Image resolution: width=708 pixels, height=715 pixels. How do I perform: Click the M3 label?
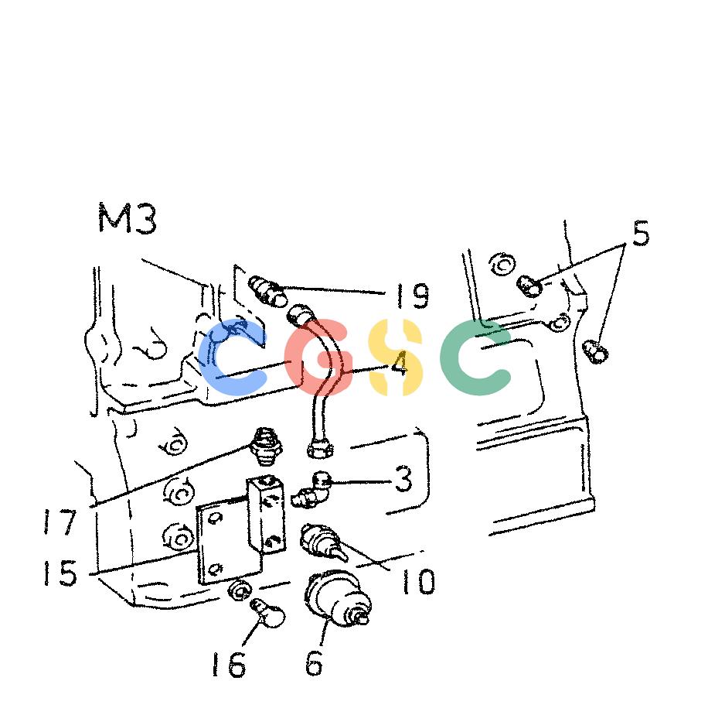coord(128,219)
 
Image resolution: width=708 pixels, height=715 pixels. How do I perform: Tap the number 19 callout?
coord(413,296)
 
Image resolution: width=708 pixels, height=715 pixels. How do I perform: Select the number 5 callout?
coord(641,233)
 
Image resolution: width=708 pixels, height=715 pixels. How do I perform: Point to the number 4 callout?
coord(399,364)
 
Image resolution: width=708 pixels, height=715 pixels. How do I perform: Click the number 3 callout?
coord(403,479)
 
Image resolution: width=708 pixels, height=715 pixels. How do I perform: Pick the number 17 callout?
coord(60,522)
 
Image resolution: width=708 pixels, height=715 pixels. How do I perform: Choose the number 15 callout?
coord(60,573)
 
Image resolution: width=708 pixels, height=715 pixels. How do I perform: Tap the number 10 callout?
coord(418,581)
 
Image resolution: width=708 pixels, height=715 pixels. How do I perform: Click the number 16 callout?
coord(229,664)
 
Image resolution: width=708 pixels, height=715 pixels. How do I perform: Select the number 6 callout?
coord(315,662)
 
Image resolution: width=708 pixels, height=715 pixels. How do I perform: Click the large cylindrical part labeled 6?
coord(337,597)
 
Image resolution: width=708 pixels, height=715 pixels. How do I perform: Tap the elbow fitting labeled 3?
coord(311,491)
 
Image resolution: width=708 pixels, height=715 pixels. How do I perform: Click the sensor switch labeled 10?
coord(322,542)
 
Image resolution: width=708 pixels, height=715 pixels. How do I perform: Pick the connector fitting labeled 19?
coord(268,291)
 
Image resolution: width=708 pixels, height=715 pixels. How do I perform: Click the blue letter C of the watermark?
coord(233,357)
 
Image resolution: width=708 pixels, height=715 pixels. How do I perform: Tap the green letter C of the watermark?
coord(476,357)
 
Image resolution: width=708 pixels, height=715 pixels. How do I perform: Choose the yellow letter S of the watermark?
coord(396,357)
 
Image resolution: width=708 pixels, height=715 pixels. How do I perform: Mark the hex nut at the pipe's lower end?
coord(320,448)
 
